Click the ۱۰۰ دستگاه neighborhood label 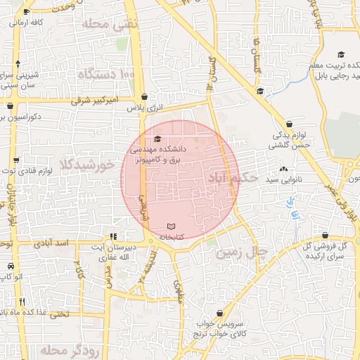[x=106, y=73]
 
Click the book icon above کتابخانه [x=172, y=226]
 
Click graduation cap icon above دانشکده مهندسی [x=157, y=139]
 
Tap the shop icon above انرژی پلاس [x=144, y=97]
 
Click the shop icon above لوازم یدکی [x=290, y=124]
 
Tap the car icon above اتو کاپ [x=11, y=266]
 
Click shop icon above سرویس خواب [x=221, y=314]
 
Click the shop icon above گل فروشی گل [x=325, y=236]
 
